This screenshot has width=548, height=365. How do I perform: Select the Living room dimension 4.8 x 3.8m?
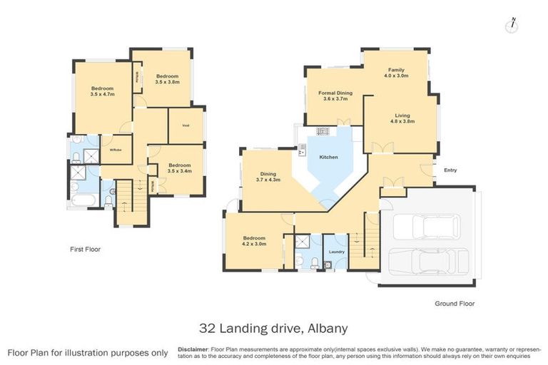tap(402, 121)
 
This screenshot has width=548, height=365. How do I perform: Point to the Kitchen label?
tap(328, 157)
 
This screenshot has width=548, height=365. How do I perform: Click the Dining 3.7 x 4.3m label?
tap(268, 176)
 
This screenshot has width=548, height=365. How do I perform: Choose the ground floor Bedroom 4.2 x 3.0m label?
tap(254, 241)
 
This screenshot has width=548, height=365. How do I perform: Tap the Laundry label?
tap(338, 252)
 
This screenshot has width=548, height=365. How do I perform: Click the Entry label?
tap(450, 170)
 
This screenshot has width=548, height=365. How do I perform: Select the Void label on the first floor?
tap(186, 125)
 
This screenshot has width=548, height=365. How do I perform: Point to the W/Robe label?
tap(114, 149)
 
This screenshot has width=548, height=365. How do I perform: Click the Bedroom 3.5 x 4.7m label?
tap(103, 91)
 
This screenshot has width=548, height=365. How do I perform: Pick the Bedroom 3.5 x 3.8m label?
tap(167, 79)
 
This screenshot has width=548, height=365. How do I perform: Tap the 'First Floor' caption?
tap(85, 250)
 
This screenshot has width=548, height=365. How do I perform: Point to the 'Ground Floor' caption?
tap(455, 303)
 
